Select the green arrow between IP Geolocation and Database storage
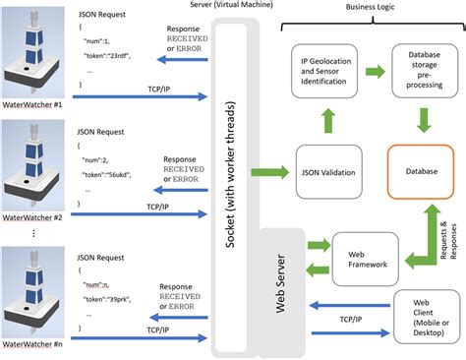coord(375,72)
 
